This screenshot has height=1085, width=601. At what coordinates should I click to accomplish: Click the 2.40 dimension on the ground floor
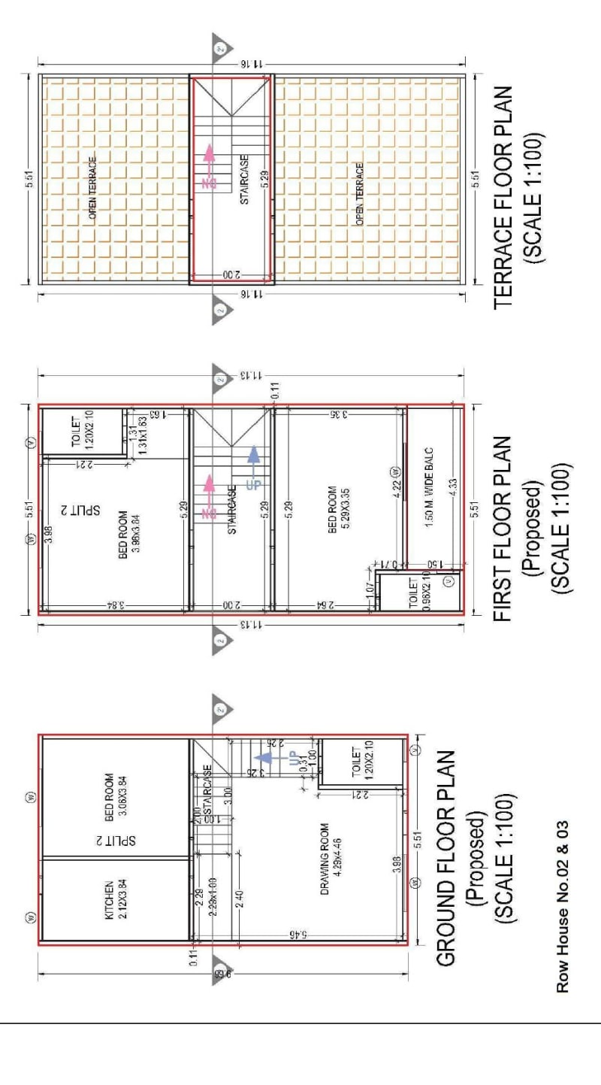click(239, 899)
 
